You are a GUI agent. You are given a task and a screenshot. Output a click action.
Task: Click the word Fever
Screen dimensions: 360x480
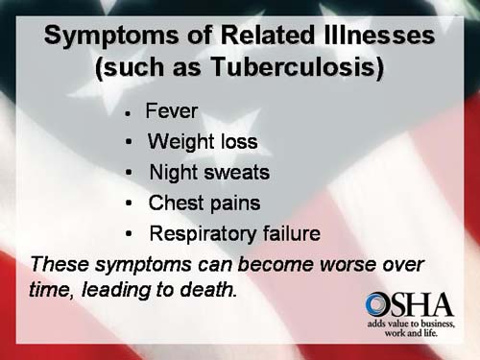172,112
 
